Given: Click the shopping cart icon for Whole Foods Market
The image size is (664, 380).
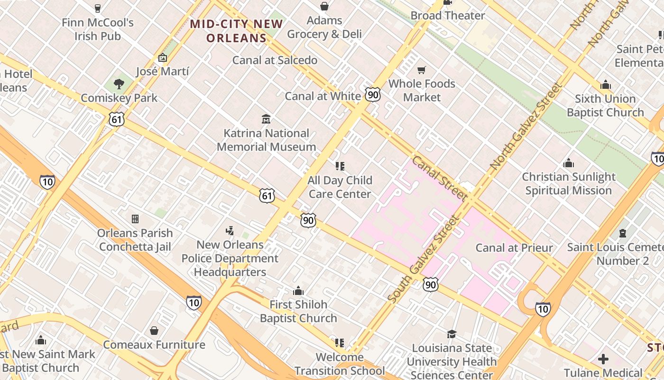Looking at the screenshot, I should (421, 70).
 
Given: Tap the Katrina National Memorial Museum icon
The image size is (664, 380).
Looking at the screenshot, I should (266, 119).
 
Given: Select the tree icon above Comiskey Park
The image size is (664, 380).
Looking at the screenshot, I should (119, 84).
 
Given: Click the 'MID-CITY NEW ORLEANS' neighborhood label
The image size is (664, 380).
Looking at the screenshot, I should (237, 31).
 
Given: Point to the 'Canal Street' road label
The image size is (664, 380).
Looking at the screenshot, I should (439, 178).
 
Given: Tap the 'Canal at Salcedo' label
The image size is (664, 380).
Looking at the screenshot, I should (275, 60).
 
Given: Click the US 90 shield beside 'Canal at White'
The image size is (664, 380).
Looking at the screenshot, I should (373, 95).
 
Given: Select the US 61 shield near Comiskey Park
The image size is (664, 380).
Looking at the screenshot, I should (117, 119).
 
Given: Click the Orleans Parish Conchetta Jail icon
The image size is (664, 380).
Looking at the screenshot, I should (135, 219).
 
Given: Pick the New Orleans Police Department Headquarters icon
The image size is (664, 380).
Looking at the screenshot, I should (230, 231).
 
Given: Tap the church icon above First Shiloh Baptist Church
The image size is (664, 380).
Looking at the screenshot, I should (298, 290).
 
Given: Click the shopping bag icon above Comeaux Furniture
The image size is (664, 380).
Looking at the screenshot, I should (154, 331).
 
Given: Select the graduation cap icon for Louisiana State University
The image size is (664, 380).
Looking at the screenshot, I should (452, 334).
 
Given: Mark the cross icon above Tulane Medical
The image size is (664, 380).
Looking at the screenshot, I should (603, 359).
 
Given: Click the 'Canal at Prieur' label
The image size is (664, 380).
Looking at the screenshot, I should (514, 248).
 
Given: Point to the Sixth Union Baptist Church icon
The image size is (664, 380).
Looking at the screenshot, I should (605, 85).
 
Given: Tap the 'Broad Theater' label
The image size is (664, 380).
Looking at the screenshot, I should (448, 16).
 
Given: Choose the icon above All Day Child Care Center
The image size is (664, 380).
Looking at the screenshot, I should (340, 166).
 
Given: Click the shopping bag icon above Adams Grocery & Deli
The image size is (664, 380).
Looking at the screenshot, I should (324, 6).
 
